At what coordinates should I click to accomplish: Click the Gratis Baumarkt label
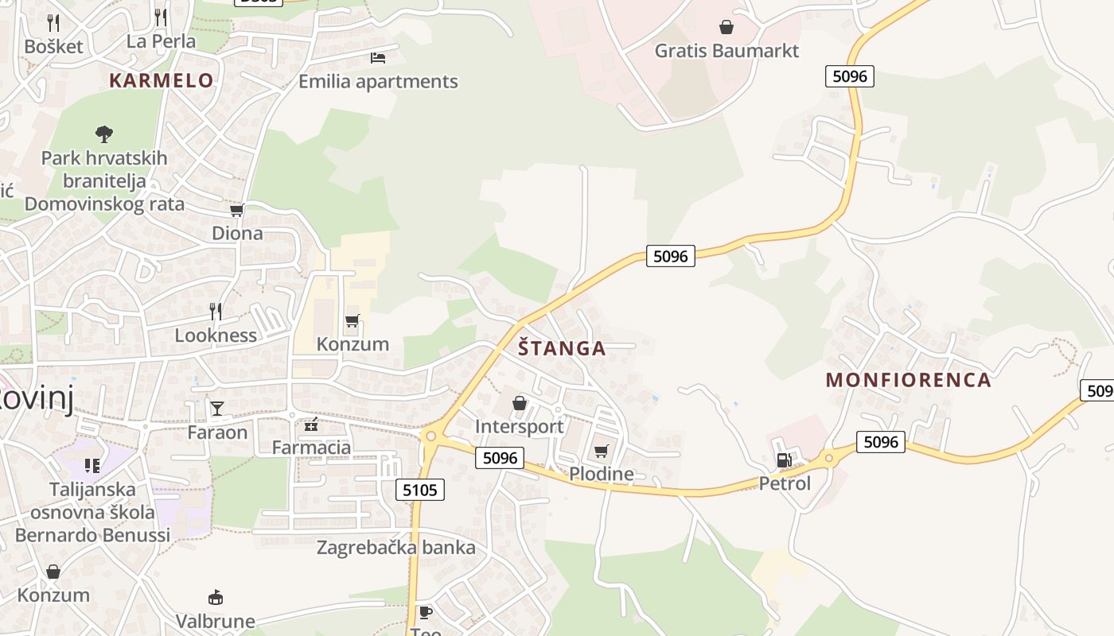(x=726, y=51)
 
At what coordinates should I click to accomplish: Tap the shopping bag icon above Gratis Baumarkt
(x=726, y=28)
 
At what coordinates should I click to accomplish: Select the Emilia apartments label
(x=378, y=81)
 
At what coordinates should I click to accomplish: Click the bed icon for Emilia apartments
(x=378, y=58)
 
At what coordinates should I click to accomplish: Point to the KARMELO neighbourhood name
(x=162, y=80)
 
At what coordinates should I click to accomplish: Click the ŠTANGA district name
(x=562, y=348)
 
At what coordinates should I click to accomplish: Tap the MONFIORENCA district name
(x=908, y=380)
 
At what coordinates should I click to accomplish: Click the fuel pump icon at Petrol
(x=785, y=460)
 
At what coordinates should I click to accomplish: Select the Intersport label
(x=519, y=426)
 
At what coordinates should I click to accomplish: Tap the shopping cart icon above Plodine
(x=602, y=452)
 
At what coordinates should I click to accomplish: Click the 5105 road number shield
(x=420, y=490)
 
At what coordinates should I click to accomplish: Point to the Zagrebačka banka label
(x=395, y=547)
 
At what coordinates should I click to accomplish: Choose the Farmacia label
(x=311, y=447)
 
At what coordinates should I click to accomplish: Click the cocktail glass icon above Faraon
(x=217, y=409)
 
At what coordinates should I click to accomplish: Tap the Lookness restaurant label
(x=216, y=335)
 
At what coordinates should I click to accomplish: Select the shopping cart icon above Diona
(x=236, y=211)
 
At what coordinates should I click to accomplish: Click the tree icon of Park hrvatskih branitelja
(x=103, y=134)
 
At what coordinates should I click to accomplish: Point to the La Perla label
(x=161, y=41)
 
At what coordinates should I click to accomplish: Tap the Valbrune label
(x=215, y=620)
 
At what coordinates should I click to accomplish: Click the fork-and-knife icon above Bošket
(x=53, y=22)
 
